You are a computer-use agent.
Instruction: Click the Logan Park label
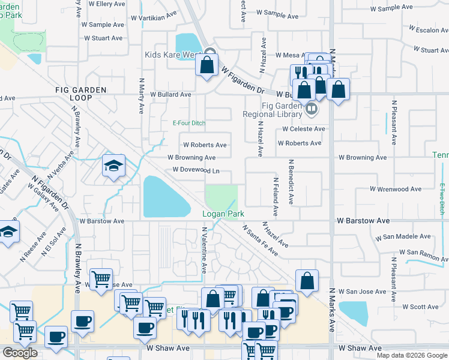(x=223, y=214)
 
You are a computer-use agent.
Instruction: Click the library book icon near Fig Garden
(x=311, y=109)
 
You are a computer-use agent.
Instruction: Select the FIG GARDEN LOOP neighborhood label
(x=80, y=94)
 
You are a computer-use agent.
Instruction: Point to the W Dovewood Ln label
(x=196, y=170)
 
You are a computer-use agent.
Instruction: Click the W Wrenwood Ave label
(x=396, y=189)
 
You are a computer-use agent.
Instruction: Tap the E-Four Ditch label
(x=189, y=123)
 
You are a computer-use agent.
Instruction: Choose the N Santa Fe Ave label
(x=261, y=241)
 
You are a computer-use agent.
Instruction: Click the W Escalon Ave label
(x=428, y=29)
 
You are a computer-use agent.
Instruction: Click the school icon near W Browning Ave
(x=113, y=166)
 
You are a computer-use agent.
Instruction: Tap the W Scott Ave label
(x=420, y=307)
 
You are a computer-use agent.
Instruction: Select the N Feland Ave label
(x=275, y=197)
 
